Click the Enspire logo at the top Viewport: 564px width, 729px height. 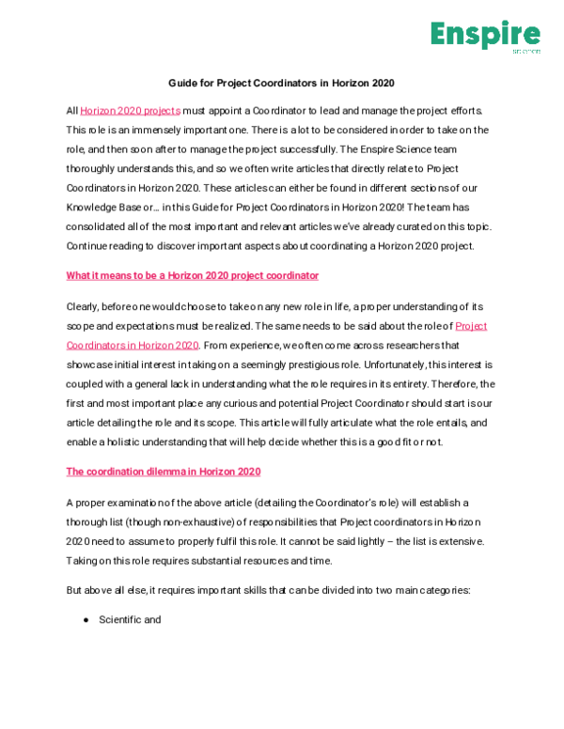pyautogui.click(x=485, y=36)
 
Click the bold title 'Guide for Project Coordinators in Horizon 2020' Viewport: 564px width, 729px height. pyautogui.click(x=281, y=84)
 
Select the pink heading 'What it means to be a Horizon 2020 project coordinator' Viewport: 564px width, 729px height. pyautogui.click(x=193, y=275)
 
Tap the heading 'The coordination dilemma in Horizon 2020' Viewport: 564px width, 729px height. pyautogui.click(x=164, y=471)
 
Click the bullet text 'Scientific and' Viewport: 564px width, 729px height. pyautogui.click(x=130, y=620)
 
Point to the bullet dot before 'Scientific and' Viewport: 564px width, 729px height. pyautogui.click(x=86, y=620)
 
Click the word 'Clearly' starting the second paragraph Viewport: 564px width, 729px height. pyautogui.click(x=84, y=307)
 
